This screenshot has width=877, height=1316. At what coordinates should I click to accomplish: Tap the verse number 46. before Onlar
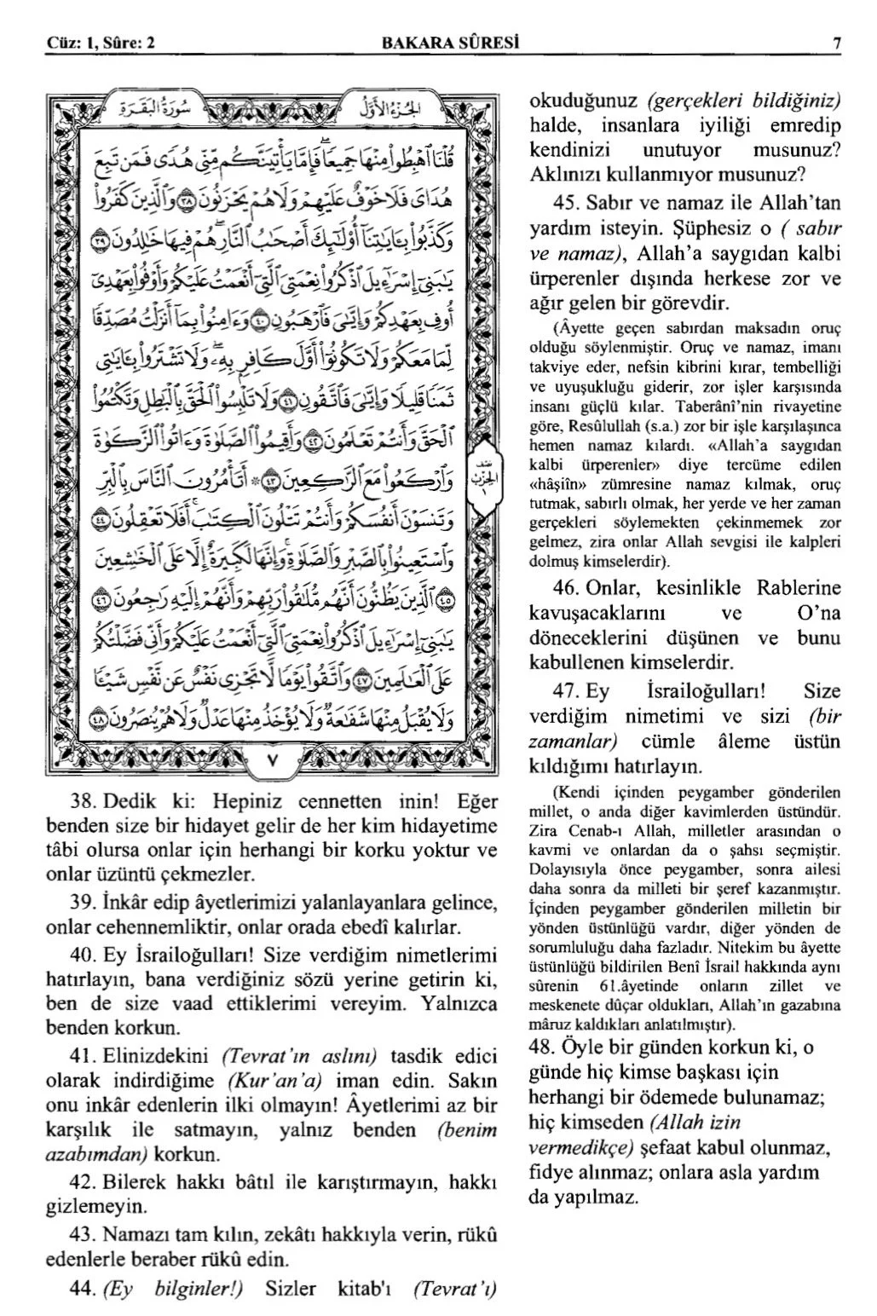click(566, 588)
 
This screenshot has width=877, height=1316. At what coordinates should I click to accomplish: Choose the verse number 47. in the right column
click(566, 690)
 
